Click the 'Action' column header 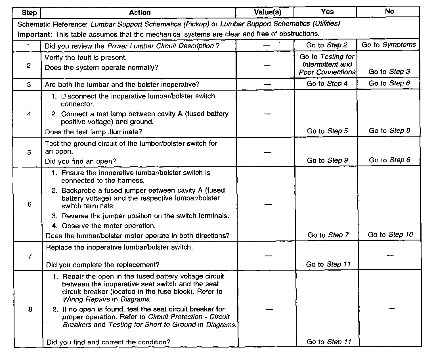140,12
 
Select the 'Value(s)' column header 267,12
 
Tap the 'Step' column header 29,13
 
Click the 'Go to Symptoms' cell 389,45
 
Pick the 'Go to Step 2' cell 327,45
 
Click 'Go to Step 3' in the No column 389,72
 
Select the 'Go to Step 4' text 327,84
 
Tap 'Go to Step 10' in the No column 390,235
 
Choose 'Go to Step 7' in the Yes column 328,235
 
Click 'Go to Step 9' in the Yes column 327,160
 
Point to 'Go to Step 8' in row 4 389,131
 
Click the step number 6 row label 29,204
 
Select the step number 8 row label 30,309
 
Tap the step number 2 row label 29,66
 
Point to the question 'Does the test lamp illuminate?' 93,132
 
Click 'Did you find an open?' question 81,161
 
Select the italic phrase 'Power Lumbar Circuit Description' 160,46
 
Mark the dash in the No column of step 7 390,256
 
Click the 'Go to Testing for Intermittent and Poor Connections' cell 327,64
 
